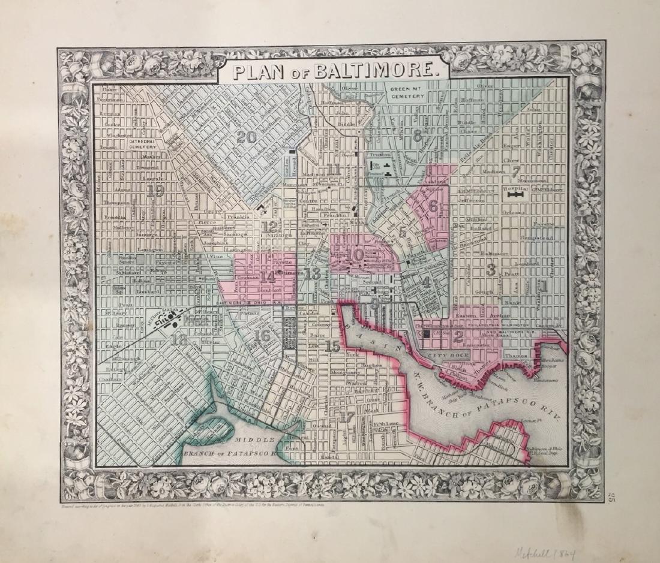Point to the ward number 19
[155, 191]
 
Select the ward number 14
[268, 276]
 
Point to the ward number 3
[490, 270]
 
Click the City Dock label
[445, 357]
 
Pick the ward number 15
[332, 346]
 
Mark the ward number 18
[179, 340]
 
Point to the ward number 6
[431, 206]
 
